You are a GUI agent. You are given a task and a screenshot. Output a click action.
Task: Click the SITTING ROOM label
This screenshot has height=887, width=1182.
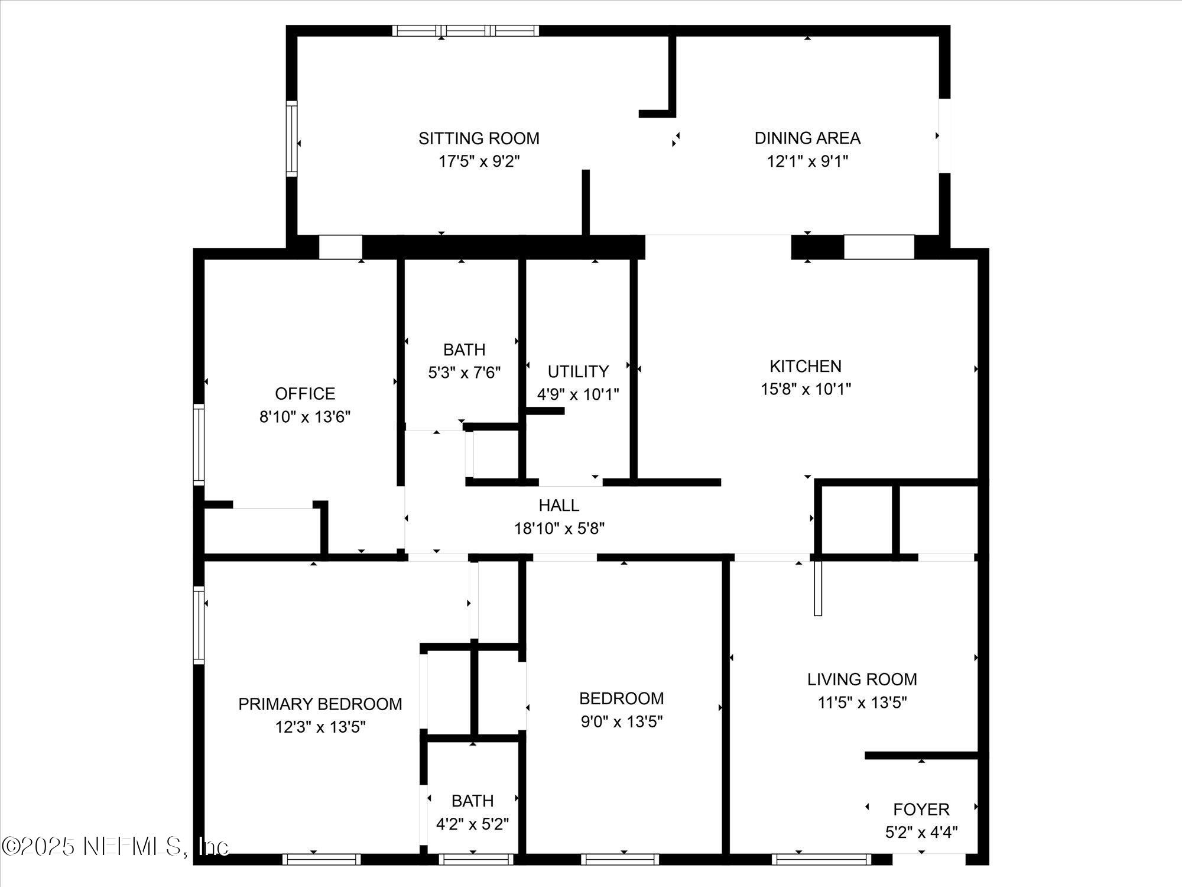[479, 138]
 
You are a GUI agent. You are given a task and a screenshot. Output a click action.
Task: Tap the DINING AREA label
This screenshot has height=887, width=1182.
[807, 138]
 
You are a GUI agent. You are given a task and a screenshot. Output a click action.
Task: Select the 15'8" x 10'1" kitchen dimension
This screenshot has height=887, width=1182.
[806, 389]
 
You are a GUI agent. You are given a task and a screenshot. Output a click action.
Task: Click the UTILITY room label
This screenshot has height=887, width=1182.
[578, 371]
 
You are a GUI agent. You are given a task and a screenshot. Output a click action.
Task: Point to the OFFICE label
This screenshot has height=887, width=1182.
[305, 393]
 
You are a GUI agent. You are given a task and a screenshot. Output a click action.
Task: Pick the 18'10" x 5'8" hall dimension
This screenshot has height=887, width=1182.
[559, 528]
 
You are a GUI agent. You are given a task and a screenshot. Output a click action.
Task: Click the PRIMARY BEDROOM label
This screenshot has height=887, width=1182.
[320, 704]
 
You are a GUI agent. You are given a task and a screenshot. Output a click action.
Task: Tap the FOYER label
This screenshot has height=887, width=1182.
[921, 809]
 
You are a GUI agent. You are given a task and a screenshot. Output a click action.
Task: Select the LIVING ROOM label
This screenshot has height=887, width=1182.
[862, 679]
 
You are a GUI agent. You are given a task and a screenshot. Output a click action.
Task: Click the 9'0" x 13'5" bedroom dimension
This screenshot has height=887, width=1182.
[622, 721]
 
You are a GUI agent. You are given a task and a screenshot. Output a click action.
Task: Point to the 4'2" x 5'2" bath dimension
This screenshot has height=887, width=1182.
[472, 824]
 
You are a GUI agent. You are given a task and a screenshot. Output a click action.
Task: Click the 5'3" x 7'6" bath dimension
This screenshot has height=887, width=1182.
[464, 373]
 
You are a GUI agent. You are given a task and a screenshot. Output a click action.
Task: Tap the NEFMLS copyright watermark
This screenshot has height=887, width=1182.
[115, 846]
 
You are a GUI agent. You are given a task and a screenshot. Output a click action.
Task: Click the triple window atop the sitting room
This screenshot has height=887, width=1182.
[466, 31]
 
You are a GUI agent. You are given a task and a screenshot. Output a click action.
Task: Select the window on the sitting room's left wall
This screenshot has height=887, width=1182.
[291, 138]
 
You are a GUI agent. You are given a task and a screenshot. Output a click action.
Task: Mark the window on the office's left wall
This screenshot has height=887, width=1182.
[199, 445]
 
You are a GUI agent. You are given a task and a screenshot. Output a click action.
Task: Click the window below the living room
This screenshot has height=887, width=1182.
[821, 859]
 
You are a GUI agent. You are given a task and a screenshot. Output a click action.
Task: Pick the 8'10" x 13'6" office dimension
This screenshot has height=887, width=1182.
[305, 417]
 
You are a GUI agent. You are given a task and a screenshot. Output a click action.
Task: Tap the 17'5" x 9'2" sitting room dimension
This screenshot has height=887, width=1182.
[479, 161]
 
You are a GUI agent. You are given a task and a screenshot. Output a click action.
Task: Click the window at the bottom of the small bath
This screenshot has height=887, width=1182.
[476, 859]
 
